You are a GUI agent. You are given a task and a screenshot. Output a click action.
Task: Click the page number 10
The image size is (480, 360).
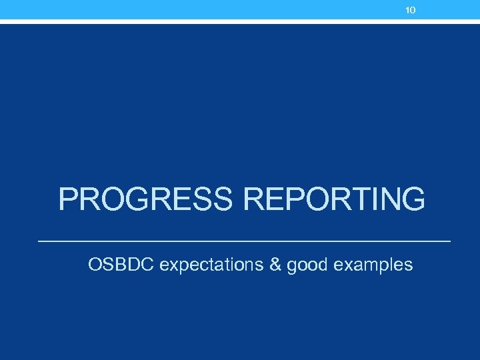click(x=411, y=10)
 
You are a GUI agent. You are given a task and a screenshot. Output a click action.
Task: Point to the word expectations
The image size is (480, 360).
click(x=211, y=265)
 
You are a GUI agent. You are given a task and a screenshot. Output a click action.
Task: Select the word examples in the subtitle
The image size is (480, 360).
click(x=373, y=265)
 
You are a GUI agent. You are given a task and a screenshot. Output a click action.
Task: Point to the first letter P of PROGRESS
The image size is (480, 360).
click(x=69, y=199)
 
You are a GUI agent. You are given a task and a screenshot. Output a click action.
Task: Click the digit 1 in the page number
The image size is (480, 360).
click(x=408, y=10)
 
